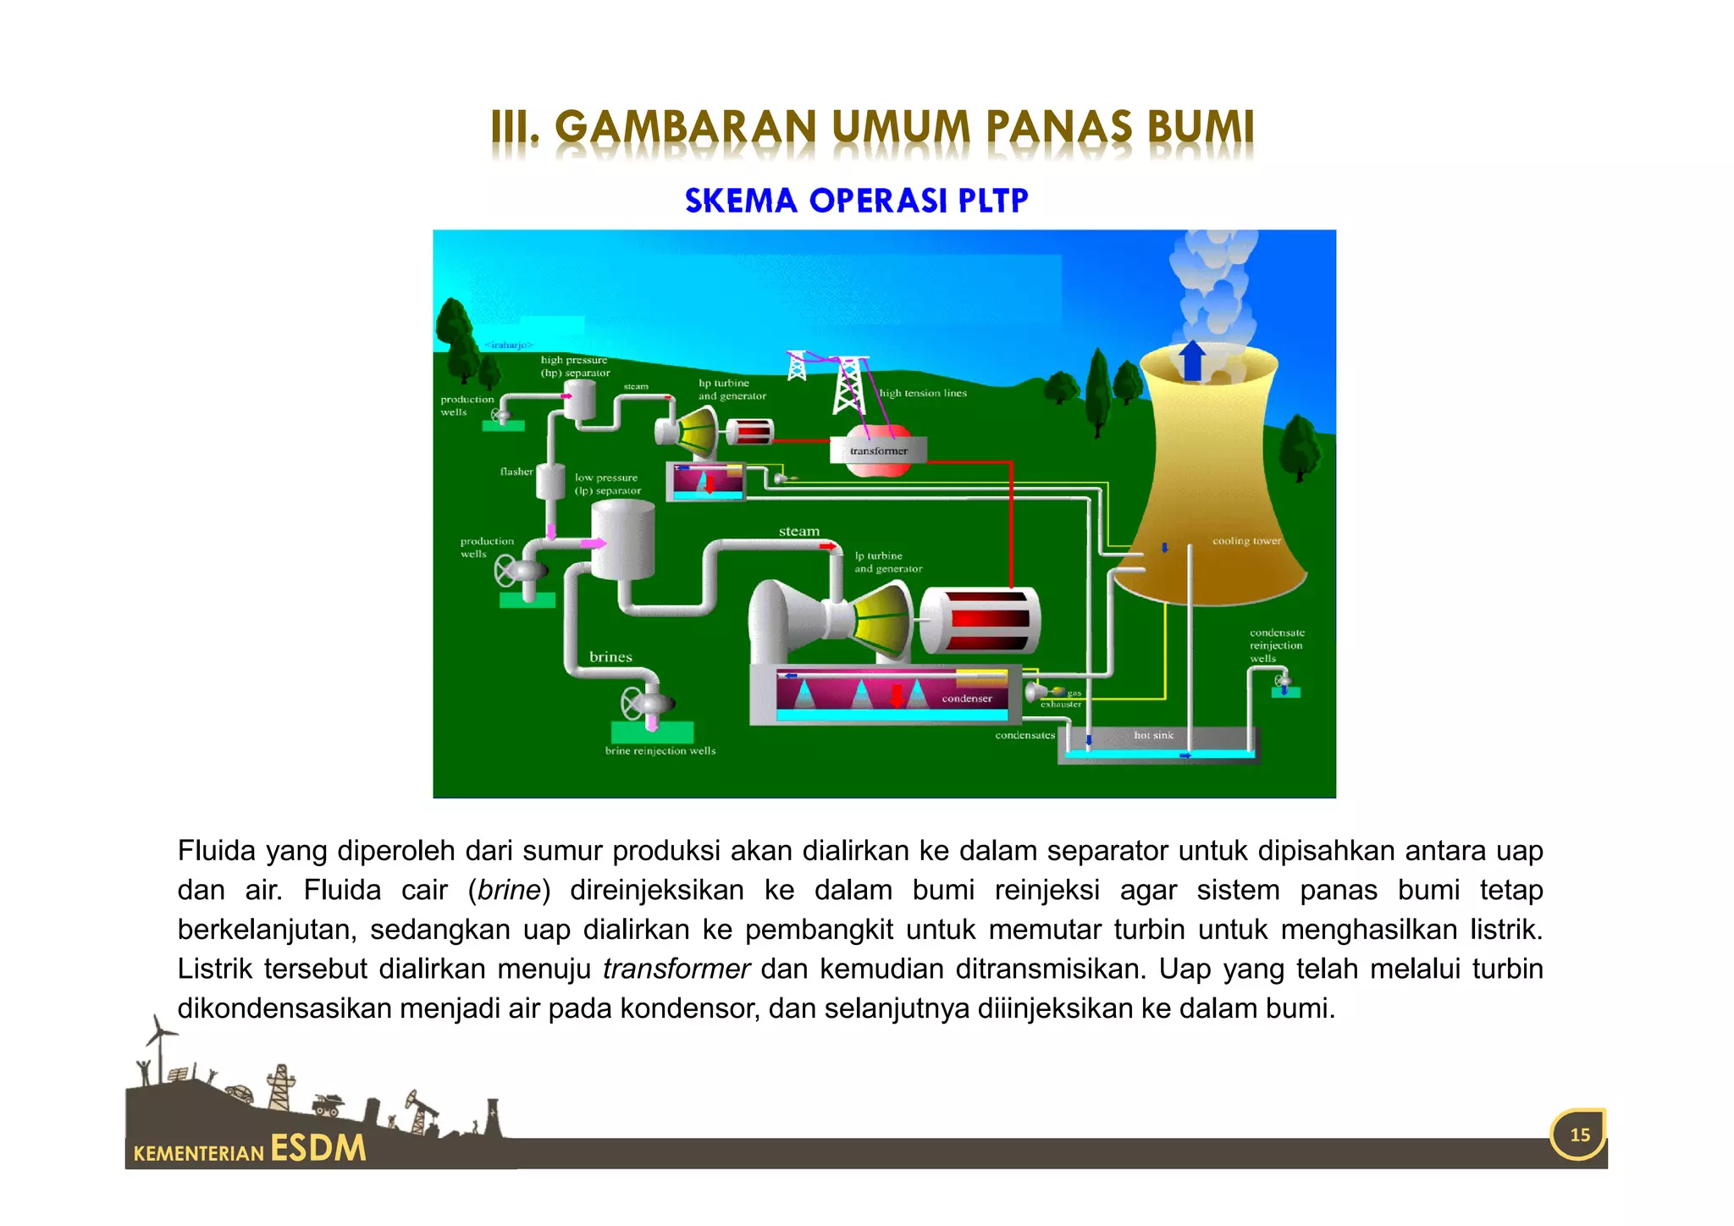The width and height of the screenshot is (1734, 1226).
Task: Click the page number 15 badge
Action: point(1579,1135)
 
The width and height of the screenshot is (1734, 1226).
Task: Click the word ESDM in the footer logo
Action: point(318,1148)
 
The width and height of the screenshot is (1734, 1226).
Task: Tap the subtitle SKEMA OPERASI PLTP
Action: point(856,201)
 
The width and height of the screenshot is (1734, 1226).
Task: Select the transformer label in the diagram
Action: point(879,451)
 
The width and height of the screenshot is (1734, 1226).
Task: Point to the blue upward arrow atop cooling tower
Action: point(1192,359)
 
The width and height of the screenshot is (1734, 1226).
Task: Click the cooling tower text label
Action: point(1246,541)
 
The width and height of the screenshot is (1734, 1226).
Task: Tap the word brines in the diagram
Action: point(610,657)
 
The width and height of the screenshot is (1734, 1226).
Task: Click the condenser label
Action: point(967,699)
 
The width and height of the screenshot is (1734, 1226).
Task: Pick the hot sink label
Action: point(1153,735)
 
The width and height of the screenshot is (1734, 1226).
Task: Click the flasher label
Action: point(516,472)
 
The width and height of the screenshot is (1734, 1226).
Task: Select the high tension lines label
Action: point(923,393)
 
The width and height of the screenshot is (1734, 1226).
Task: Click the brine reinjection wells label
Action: point(660,751)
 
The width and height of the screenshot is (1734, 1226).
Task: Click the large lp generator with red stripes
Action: point(980,620)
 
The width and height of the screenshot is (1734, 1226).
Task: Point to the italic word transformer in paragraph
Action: point(676,969)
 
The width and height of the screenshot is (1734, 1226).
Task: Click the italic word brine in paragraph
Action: point(509,891)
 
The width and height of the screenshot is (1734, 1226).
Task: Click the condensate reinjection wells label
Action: point(1277,645)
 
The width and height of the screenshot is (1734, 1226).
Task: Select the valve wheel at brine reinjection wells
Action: point(633,703)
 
